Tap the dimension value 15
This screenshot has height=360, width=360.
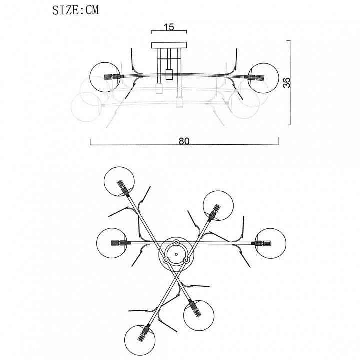169,27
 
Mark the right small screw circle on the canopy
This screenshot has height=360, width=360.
186,260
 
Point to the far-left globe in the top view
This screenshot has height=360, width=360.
112,243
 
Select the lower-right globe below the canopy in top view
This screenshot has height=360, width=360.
198,314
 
